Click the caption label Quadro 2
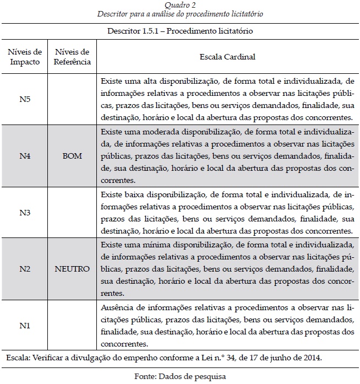(x=179, y=4)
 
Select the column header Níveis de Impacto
(x=25, y=57)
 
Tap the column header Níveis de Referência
(x=72, y=57)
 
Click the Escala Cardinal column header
(x=227, y=57)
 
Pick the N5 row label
(x=25, y=100)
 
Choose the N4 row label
(x=25, y=156)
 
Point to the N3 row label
(x=25, y=212)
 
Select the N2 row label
(x=25, y=269)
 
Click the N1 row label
(x=25, y=325)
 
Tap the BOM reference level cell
(x=72, y=156)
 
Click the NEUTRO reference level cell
(x=72, y=269)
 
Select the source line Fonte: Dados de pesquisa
(x=179, y=377)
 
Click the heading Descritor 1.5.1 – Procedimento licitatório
(x=179, y=31)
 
